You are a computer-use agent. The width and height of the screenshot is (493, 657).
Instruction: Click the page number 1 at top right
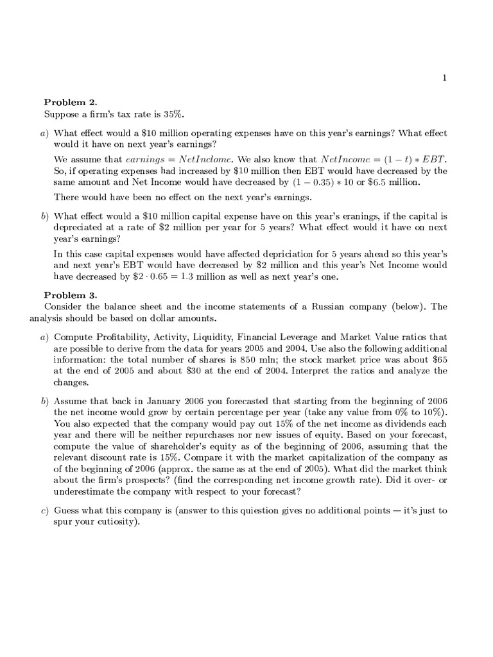[444, 78]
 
